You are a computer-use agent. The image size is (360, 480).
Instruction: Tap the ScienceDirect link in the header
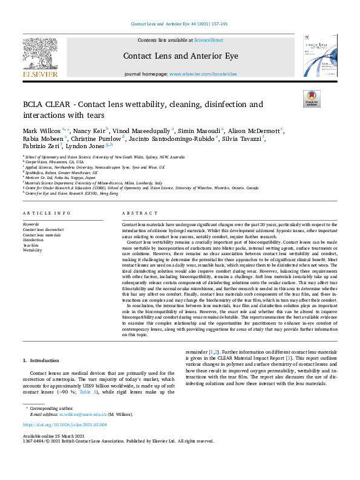[x=208, y=40]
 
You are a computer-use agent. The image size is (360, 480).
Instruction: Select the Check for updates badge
[x=311, y=99]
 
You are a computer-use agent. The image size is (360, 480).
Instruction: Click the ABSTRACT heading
[x=136, y=213]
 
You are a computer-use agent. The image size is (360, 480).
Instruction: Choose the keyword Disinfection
[x=33, y=239]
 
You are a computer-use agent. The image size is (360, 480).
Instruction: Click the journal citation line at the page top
[x=179, y=24]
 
